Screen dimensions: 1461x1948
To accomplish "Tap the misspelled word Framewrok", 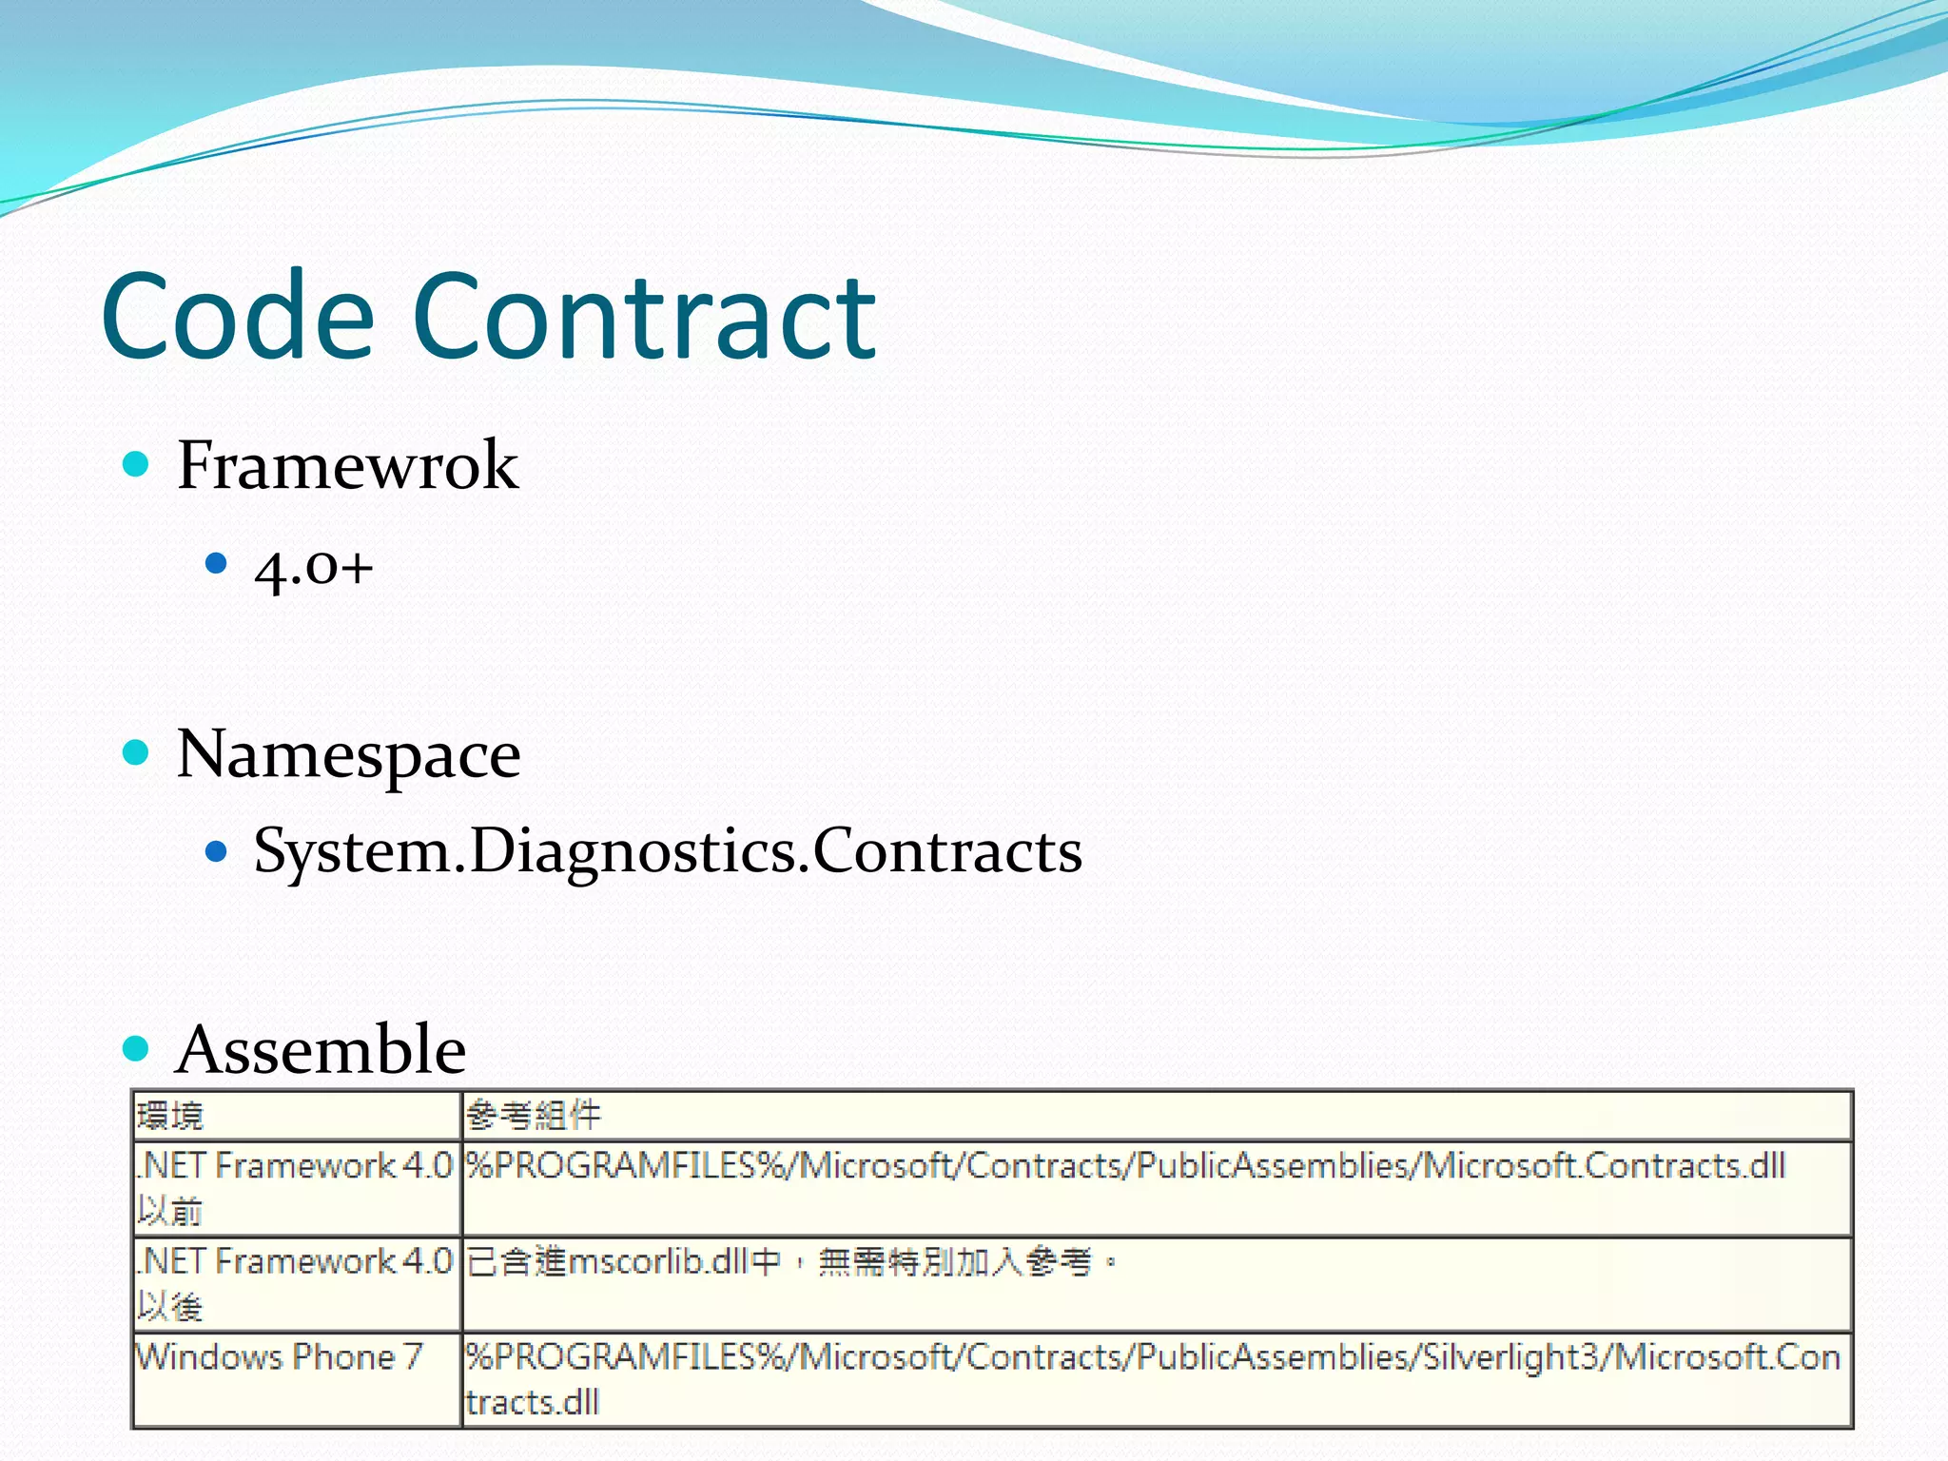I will click(x=347, y=466).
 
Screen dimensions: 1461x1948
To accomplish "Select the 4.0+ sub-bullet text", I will click(x=313, y=568).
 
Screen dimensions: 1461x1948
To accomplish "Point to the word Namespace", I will click(x=348, y=754).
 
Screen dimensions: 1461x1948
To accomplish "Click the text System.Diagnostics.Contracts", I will click(x=667, y=850).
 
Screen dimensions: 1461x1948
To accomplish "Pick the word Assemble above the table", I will click(x=321, y=1050).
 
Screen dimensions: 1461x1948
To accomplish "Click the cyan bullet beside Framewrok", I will click(x=137, y=465).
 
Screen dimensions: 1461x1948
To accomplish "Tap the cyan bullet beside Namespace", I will click(x=137, y=753).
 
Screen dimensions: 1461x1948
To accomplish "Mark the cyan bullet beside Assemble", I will click(x=137, y=1049).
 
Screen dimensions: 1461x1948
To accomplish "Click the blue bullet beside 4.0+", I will click(x=217, y=564).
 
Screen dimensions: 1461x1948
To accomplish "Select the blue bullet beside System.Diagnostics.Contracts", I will click(x=217, y=849).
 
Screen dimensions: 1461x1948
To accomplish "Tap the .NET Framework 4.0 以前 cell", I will click(x=295, y=1188).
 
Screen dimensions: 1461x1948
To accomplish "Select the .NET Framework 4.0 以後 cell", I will click(x=295, y=1283).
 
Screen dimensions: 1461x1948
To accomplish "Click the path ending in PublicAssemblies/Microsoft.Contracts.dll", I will click(x=1125, y=1167).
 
